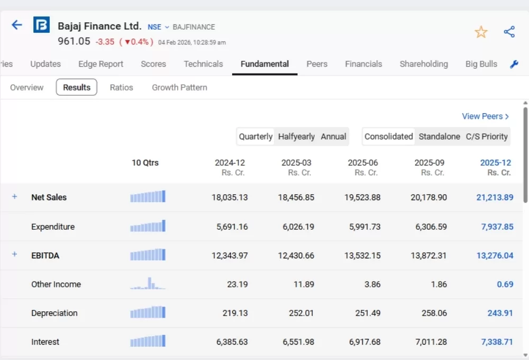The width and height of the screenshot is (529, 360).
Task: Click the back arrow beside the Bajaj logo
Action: tap(17, 25)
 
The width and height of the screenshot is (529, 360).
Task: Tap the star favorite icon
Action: tap(481, 32)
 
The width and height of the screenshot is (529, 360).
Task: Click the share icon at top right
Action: tap(509, 32)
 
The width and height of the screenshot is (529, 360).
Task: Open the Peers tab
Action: tap(317, 64)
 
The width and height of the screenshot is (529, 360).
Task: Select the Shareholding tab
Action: tap(424, 64)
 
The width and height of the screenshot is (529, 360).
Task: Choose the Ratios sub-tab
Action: tap(121, 87)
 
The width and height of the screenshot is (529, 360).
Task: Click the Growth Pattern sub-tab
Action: tap(179, 87)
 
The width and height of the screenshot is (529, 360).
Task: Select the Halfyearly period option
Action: tap(296, 137)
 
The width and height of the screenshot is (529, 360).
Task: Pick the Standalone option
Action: tap(439, 137)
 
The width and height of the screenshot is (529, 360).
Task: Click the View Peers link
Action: tap(485, 116)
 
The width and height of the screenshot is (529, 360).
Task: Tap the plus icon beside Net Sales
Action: tap(14, 197)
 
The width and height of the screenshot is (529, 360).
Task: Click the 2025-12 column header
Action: tap(496, 163)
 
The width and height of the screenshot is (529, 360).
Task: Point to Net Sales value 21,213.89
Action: tap(495, 197)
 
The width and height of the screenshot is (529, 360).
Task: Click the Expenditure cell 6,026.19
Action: tap(296, 227)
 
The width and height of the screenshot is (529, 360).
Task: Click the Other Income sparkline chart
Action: tap(148, 284)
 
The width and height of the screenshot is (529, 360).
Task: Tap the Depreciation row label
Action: tap(54, 313)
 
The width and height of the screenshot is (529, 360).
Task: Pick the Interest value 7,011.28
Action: tap(428, 342)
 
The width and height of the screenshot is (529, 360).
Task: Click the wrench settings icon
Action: tap(514, 65)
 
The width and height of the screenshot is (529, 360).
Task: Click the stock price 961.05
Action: tap(74, 41)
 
